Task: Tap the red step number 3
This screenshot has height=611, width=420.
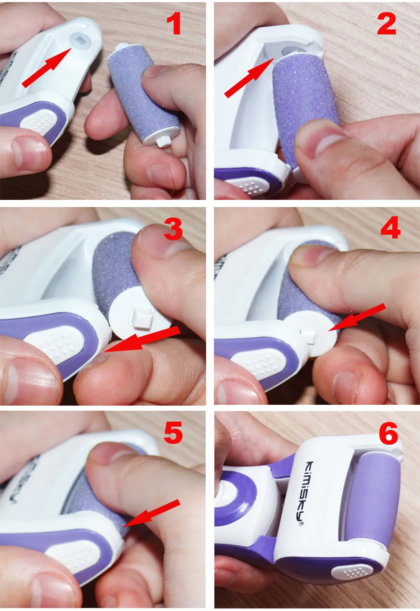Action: coord(173,230)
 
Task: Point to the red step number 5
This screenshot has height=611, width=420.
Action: coord(173,433)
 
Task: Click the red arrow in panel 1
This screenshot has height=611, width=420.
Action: coord(47,67)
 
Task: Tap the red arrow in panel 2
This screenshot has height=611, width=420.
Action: coord(249,77)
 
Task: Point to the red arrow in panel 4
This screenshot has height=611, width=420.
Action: coord(357,317)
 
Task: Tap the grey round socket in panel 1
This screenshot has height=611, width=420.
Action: coord(81,41)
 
